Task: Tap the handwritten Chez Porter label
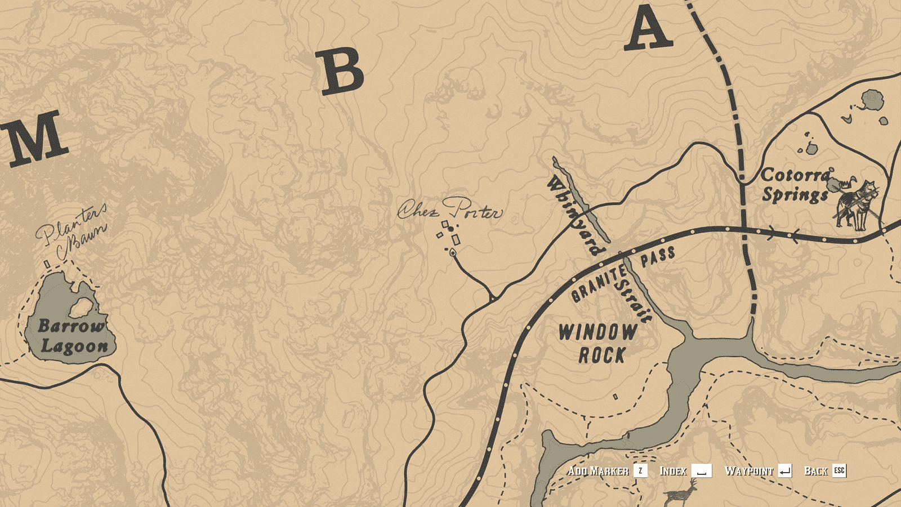tap(449, 210)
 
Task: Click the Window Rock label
tap(598, 344)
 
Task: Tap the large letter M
tap(35, 138)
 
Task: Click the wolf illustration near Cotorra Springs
tap(857, 204)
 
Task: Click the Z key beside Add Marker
tap(640, 471)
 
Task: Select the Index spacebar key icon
tap(701, 471)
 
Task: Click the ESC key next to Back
tap(839, 471)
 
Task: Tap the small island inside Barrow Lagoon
tap(82, 307)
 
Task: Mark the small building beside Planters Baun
tap(47, 264)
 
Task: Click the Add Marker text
tap(598, 471)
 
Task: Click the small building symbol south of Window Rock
tap(615, 397)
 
